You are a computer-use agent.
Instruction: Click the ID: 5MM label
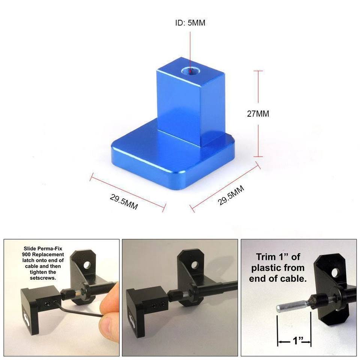pyautogui.click(x=190, y=23)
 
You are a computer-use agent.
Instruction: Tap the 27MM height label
pyautogui.click(x=258, y=114)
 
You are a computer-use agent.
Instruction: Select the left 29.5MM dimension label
pyautogui.click(x=124, y=202)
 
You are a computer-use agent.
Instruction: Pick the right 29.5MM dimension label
pyautogui.click(x=231, y=195)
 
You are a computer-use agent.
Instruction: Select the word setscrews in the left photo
pyautogui.click(x=43, y=278)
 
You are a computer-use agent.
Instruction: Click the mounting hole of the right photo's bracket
pyautogui.click(x=335, y=273)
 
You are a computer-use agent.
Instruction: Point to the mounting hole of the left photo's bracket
pyautogui.click(x=87, y=265)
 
